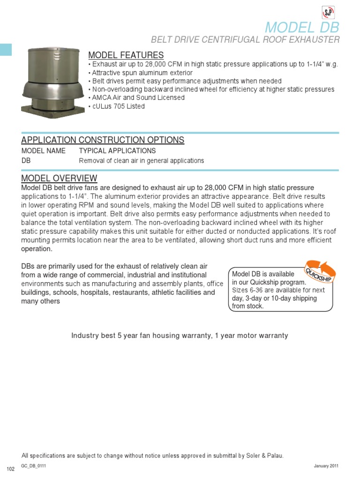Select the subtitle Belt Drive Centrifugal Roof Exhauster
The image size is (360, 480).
(245, 40)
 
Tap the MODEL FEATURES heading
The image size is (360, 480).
(126, 55)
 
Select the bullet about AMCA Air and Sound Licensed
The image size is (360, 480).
(136, 98)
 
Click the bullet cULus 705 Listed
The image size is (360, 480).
(116, 106)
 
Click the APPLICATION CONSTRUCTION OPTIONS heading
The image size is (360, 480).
(103, 140)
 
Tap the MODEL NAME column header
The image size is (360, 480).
(44, 151)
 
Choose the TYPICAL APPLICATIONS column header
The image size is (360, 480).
(117, 151)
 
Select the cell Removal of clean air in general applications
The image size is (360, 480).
(141, 161)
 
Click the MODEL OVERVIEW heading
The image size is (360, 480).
(60, 178)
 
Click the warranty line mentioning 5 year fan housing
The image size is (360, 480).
(180, 336)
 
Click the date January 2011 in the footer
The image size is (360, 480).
(326, 466)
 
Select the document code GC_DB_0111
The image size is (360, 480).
(34, 466)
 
